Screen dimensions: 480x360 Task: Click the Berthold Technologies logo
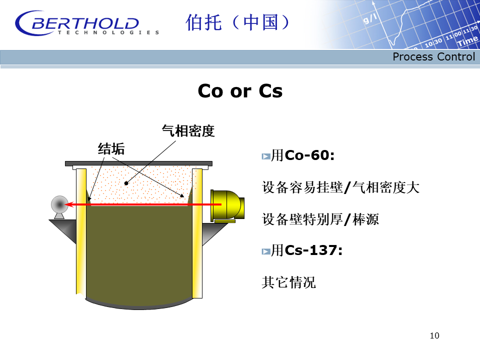[x=87, y=23]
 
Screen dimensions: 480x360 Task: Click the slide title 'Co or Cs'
[x=240, y=91]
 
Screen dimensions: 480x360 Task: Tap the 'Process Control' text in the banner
[x=433, y=56]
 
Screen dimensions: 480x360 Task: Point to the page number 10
[x=434, y=335]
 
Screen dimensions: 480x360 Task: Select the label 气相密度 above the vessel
[x=188, y=131]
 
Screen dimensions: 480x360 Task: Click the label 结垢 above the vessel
[x=111, y=149]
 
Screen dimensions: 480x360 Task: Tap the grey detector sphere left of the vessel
[x=59, y=204]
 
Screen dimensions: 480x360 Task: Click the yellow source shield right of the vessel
[x=227, y=205]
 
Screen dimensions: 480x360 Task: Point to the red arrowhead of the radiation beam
[x=69, y=204]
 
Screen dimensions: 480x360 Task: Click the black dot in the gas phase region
[x=126, y=183]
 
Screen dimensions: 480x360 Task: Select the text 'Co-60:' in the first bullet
[x=309, y=155]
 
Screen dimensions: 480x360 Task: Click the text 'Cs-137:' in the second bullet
[x=313, y=250]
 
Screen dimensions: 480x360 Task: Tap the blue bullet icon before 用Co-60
[x=265, y=156]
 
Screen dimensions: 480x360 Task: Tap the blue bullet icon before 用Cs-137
[x=265, y=251]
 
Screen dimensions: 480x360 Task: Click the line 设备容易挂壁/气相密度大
[x=340, y=187]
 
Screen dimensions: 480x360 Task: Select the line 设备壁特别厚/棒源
[x=320, y=219]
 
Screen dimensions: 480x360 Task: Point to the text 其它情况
[x=288, y=282]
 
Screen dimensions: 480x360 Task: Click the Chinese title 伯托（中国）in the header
[x=237, y=22]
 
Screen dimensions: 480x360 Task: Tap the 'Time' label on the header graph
[x=467, y=41]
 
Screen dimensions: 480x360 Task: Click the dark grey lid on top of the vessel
[x=138, y=163]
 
